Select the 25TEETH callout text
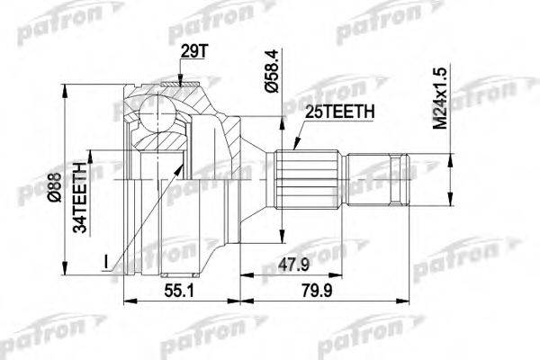(x=335, y=111)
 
